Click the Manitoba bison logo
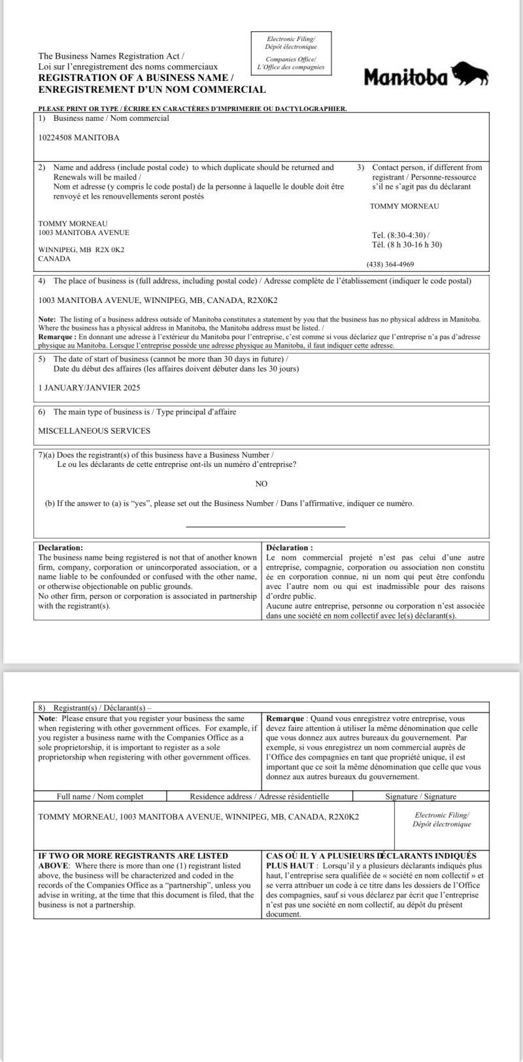[x=471, y=74]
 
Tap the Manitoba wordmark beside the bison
[x=406, y=78]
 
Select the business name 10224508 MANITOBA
[x=79, y=138]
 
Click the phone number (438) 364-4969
[x=390, y=265]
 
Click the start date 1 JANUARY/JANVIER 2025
[x=89, y=388]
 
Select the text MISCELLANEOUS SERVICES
[x=94, y=431]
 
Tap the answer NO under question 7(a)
[x=261, y=484]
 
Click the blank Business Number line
[x=265, y=526]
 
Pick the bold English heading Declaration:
[x=61, y=547]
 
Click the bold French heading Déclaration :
[x=290, y=547]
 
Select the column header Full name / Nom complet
[x=100, y=796]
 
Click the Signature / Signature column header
[x=420, y=796]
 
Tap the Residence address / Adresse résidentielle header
[x=260, y=796]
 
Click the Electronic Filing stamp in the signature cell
[x=442, y=819]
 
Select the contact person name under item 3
[x=405, y=206]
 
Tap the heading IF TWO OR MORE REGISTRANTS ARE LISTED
[x=133, y=856]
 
